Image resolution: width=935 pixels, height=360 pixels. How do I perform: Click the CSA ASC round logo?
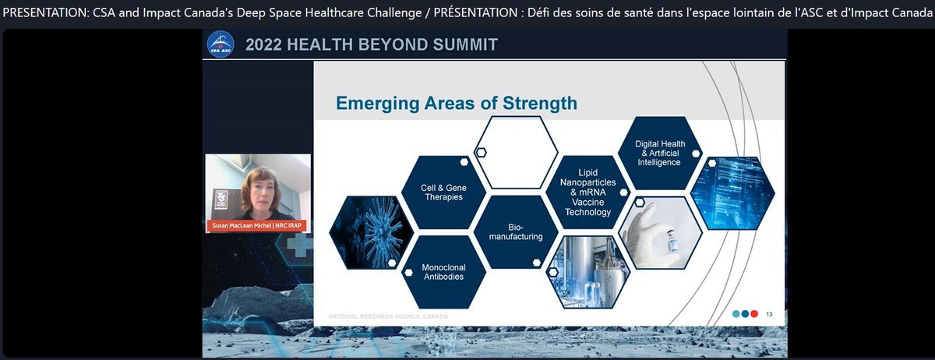coord(221,44)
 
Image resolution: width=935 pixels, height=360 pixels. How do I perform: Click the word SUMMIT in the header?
coord(465,44)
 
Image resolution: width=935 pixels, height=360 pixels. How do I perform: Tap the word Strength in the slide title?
coord(540,103)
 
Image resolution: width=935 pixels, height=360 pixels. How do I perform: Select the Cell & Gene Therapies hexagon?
coord(443,192)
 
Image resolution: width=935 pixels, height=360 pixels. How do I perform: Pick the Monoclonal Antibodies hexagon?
coord(443,272)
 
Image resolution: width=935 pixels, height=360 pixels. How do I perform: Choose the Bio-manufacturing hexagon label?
coord(516,231)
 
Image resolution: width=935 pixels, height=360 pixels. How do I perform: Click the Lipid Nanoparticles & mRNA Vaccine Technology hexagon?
coord(588,192)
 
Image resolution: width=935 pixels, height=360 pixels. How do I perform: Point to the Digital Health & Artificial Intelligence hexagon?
coord(660,153)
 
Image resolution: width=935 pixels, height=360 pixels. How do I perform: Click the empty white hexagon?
coord(516,153)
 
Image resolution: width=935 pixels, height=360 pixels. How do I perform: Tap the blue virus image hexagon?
coord(372,232)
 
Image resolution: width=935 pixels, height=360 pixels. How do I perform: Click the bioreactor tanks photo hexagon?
coord(588,272)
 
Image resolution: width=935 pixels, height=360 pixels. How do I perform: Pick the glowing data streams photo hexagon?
coord(732,193)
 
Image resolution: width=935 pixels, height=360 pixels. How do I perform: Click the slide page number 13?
coord(769,314)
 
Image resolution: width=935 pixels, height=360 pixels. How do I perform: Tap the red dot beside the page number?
coord(754,314)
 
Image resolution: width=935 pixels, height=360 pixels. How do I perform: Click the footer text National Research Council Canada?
coord(388,316)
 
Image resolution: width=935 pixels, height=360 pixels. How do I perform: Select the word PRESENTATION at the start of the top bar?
coord(45,12)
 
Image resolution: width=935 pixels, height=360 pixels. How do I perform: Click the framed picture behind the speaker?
coord(221,202)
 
